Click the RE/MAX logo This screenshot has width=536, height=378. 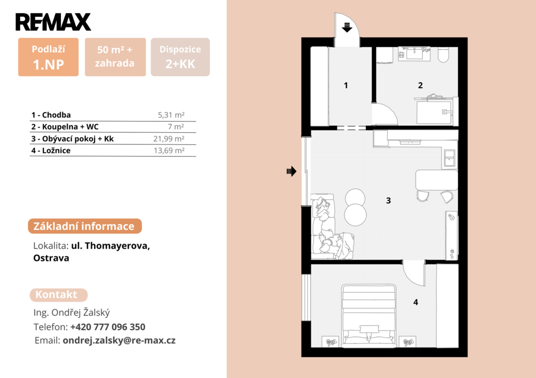[53, 22]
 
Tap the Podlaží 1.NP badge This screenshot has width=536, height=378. [48, 57]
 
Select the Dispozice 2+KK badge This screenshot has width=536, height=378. [180, 57]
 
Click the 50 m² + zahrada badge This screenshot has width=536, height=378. [115, 57]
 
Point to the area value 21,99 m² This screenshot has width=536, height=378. [169, 139]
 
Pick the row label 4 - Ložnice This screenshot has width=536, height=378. [51, 151]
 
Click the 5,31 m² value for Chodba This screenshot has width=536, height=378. [171, 115]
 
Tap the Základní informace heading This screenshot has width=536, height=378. [85, 226]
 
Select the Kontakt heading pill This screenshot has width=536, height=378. [59, 295]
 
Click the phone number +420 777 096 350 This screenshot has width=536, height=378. [108, 327]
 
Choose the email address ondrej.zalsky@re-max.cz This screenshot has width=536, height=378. [119, 340]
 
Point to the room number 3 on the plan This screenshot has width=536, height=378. [388, 200]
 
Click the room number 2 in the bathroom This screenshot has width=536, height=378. [420, 85]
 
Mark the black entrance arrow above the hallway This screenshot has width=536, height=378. [347, 27]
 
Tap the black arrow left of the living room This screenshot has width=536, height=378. [292, 171]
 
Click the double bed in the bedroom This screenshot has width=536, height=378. [369, 315]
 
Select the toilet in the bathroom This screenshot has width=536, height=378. [443, 55]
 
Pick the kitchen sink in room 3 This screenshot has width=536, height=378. [449, 158]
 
